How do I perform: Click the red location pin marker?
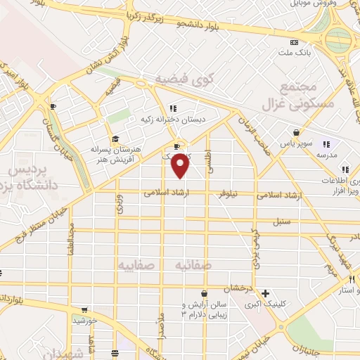tap(181, 165)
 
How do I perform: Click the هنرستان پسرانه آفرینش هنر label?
tap(116, 154)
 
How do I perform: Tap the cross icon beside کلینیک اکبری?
tap(264, 293)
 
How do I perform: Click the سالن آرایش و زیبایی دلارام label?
tap(204, 309)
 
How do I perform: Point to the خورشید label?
tap(84, 320)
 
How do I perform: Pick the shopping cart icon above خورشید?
tap(84, 309)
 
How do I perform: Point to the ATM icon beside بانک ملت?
tap(293, 42)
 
